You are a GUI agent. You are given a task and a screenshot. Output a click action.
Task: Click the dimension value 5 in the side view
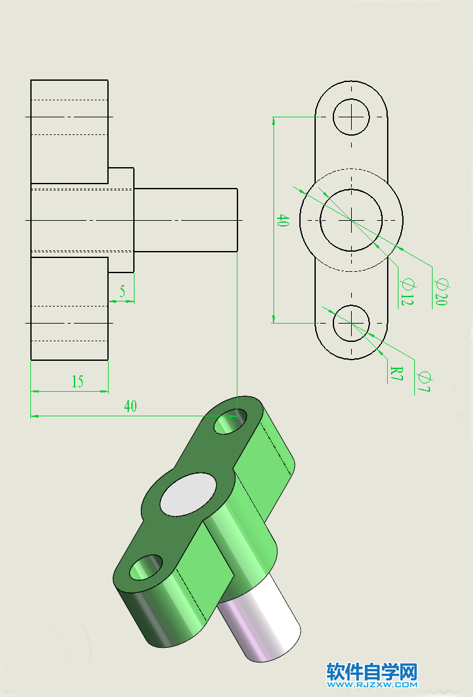pos(122,291)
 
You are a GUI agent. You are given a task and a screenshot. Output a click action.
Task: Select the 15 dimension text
pos(77,382)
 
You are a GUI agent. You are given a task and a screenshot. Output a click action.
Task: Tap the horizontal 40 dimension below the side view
pos(130,406)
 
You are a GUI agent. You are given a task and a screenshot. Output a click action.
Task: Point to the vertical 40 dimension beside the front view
pos(282,221)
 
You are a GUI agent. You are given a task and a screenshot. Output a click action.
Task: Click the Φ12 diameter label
pos(406,292)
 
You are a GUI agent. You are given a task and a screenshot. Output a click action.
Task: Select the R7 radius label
pos(396,375)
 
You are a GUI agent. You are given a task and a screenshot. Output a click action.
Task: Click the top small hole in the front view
pos(351,117)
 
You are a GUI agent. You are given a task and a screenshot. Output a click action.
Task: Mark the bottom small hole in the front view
pos(351,322)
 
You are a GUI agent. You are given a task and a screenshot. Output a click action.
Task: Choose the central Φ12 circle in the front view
pos(351,220)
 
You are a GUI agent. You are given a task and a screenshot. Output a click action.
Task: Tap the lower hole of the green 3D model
pos(146,568)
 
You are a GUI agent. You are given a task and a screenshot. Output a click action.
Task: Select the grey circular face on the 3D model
pos(188,494)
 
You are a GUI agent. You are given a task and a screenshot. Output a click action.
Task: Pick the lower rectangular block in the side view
pos(69,309)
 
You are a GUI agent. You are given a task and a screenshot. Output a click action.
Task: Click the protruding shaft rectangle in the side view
pos(186,220)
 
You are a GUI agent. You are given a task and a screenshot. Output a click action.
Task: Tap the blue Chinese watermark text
pos(372,671)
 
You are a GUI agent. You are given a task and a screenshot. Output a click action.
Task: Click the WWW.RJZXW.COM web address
pos(372,684)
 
